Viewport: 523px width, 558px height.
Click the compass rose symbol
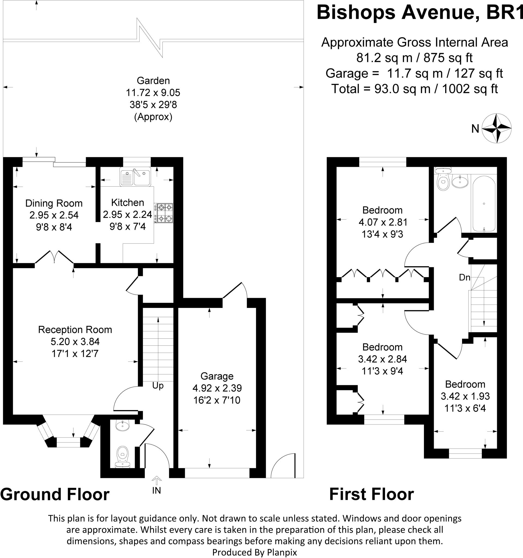click(497, 128)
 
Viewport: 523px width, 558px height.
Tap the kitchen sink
click(135, 177)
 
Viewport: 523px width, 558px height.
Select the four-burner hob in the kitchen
click(165, 213)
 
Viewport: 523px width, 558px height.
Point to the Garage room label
click(217, 376)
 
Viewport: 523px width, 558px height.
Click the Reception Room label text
click(75, 329)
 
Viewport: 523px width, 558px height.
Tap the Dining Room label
click(54, 203)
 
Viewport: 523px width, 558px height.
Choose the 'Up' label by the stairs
click(158, 386)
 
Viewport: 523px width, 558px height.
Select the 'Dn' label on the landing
click(464, 278)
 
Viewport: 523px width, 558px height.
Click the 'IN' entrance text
click(156, 490)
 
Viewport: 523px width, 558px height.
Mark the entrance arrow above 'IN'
click(157, 480)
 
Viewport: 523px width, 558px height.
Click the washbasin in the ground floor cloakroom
click(122, 426)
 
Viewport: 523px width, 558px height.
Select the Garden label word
click(153, 81)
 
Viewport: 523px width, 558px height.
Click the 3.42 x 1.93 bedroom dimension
click(465, 396)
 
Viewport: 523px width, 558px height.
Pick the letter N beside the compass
click(475, 129)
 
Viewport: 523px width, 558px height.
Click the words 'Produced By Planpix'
click(254, 552)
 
